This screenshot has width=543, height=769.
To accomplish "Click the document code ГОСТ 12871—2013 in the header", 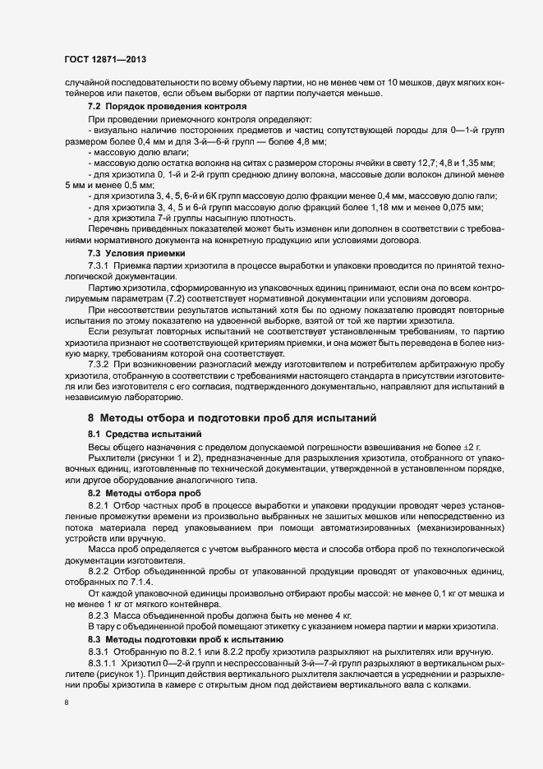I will click(x=104, y=60).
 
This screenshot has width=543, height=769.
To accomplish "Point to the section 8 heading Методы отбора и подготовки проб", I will click(x=232, y=417).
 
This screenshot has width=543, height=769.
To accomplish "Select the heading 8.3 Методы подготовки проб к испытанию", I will click(x=185, y=638).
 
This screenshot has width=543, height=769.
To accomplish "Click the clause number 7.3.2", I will click(x=100, y=363).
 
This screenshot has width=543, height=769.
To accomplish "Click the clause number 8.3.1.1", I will click(x=104, y=662).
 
